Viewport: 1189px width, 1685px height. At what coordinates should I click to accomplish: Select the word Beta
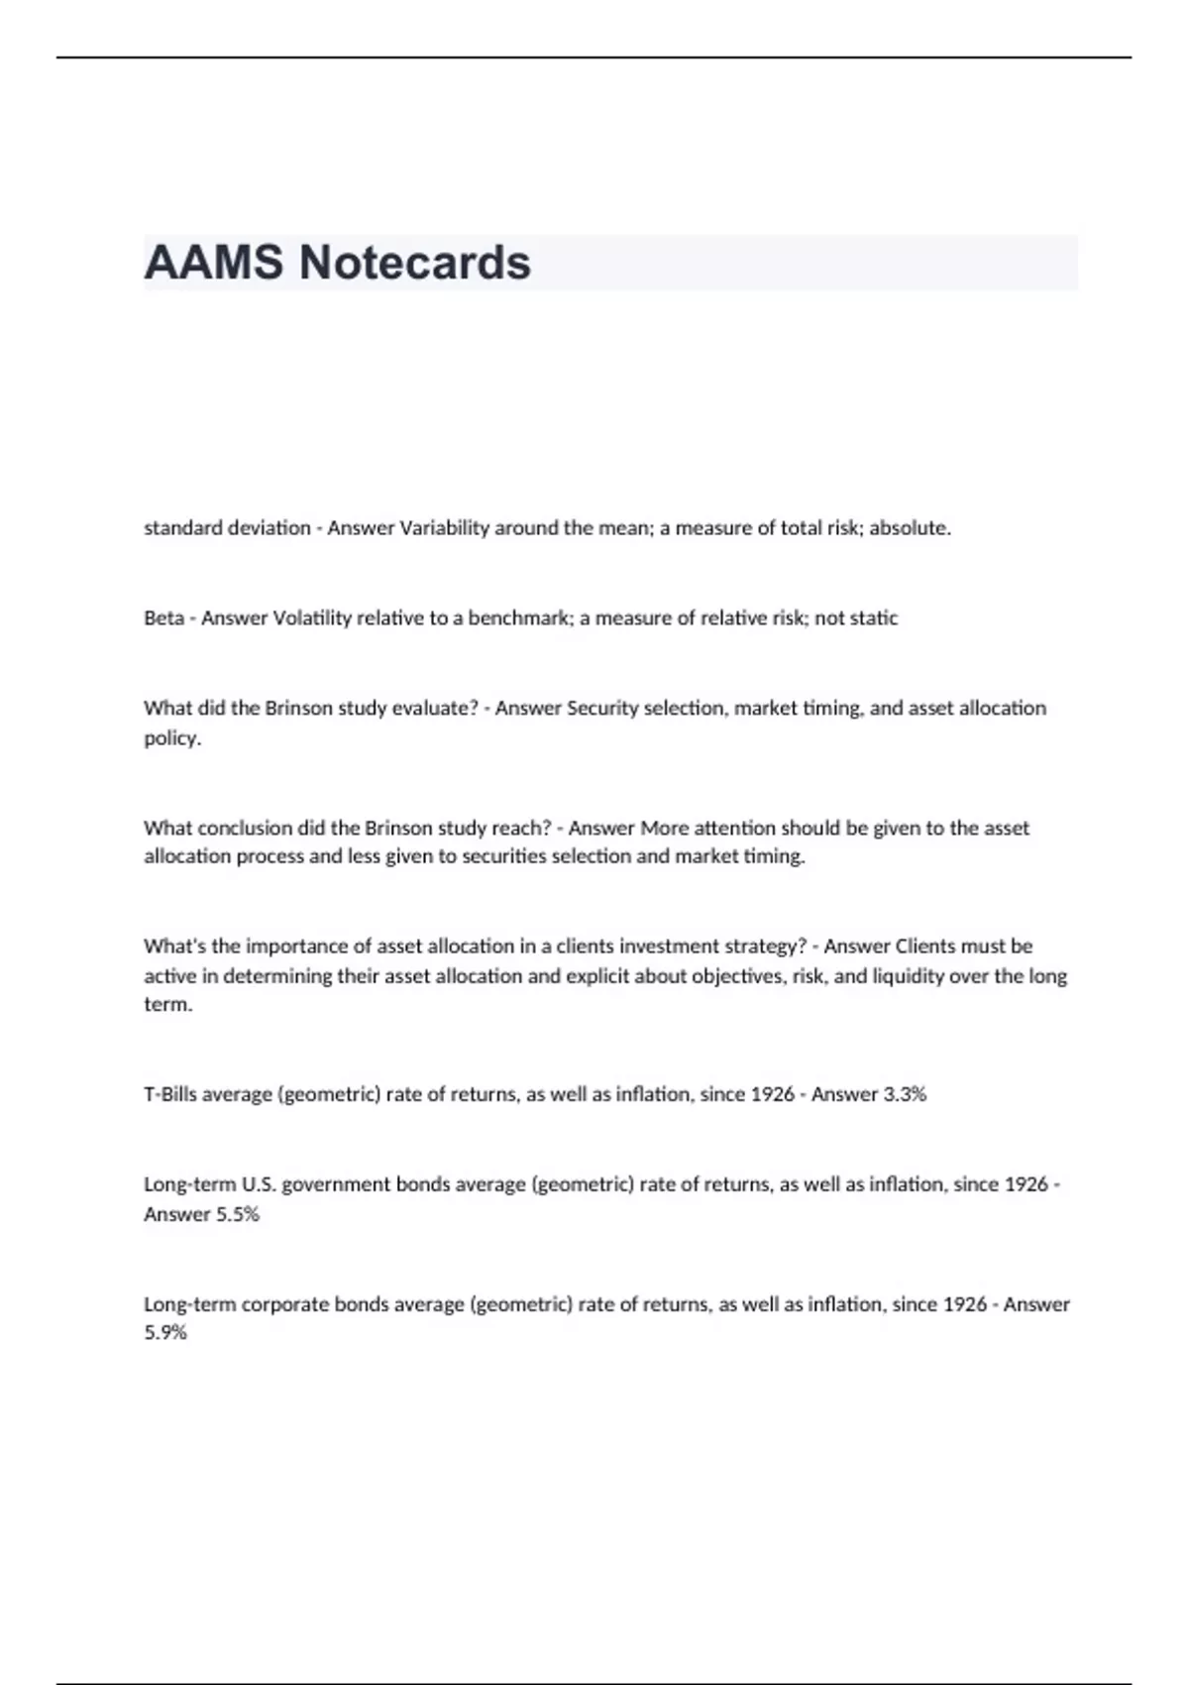[163, 618]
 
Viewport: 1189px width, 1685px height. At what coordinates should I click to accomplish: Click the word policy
[170, 738]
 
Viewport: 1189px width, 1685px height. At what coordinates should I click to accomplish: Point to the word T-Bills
[169, 1094]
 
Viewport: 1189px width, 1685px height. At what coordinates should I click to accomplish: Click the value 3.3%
[905, 1094]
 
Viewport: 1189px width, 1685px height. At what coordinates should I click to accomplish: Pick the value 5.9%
[164, 1333]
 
